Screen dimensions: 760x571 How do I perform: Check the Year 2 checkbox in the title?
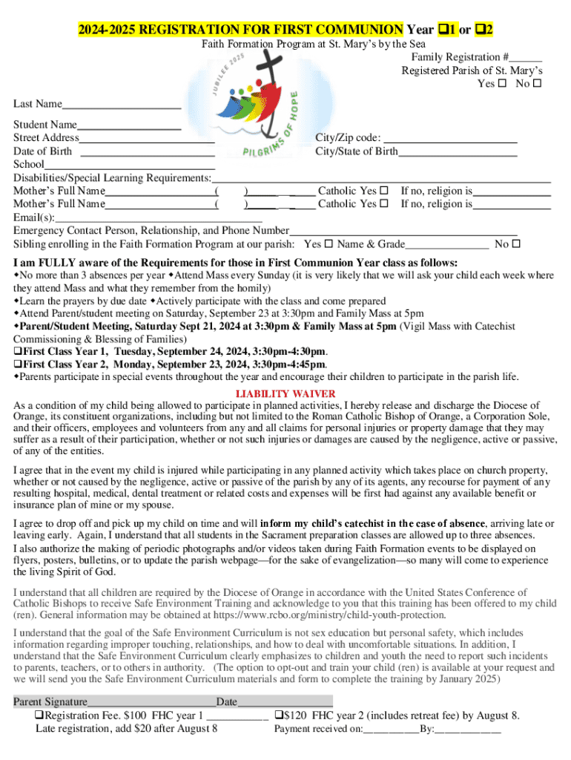click(481, 30)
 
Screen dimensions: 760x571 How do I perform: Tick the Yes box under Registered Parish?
click(502, 84)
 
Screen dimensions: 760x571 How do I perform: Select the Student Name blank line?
click(129, 127)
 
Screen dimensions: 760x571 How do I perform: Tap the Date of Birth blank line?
click(147, 154)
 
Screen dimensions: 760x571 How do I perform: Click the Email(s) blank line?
click(159, 220)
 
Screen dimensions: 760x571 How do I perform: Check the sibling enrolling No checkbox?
click(517, 244)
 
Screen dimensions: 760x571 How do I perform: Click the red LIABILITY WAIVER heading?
click(285, 393)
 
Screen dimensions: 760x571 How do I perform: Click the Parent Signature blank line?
click(151, 703)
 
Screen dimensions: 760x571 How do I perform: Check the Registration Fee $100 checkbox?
click(40, 716)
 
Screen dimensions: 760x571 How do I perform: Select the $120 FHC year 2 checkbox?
click(278, 716)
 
